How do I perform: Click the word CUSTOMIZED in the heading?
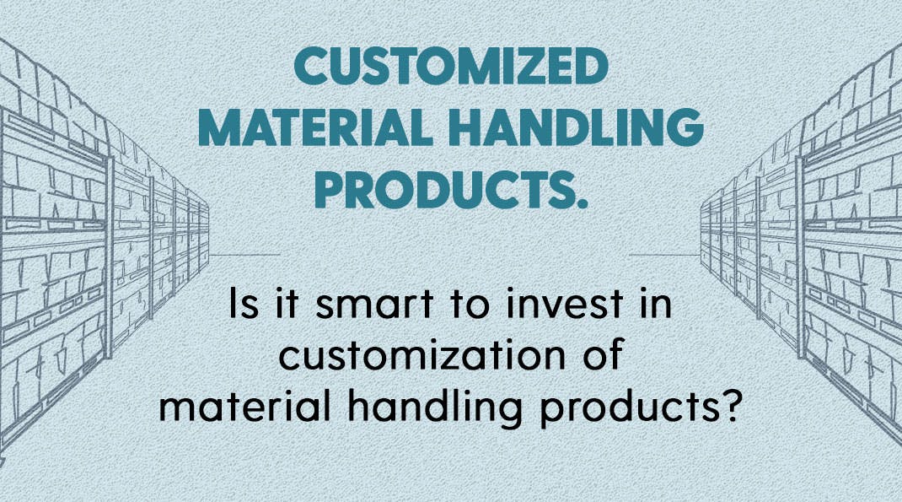pyautogui.click(x=451, y=65)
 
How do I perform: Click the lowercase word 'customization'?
pyautogui.click(x=422, y=355)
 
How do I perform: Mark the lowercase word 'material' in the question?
pyautogui.click(x=244, y=406)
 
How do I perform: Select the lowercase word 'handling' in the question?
pyautogui.click(x=435, y=408)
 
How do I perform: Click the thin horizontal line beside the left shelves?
pyautogui.click(x=244, y=255)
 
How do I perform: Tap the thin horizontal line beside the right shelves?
pyautogui.click(x=665, y=255)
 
